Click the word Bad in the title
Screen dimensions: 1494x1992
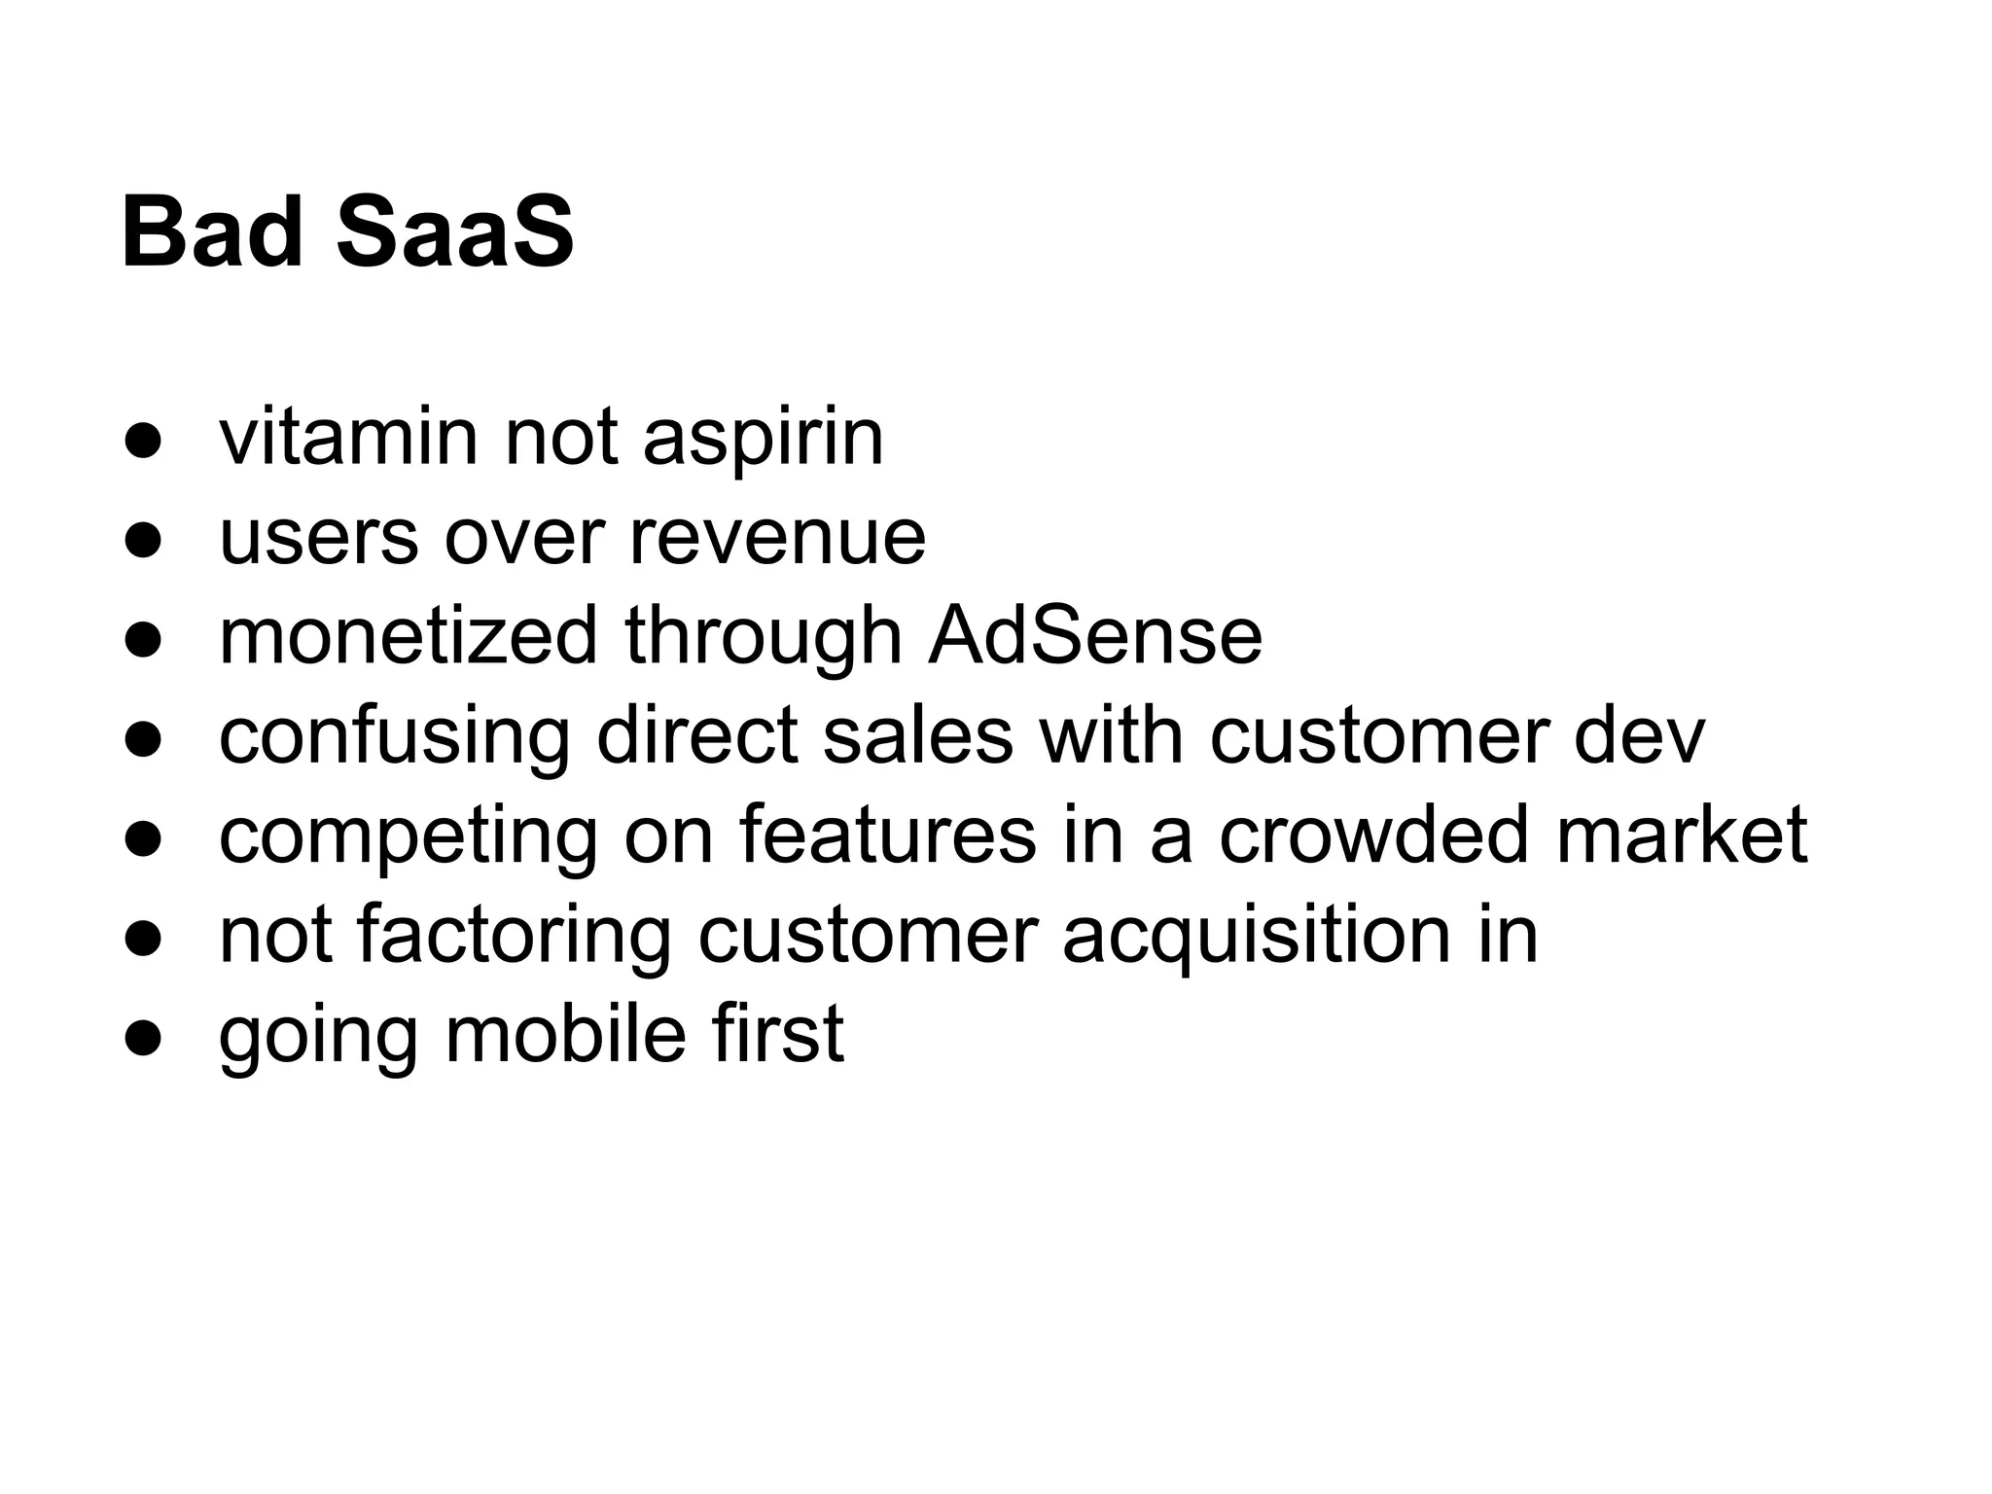[212, 233]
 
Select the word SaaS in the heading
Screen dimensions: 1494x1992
[455, 233]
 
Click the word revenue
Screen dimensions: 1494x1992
[777, 538]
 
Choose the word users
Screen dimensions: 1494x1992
[318, 538]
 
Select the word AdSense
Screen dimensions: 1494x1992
[1095, 636]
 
